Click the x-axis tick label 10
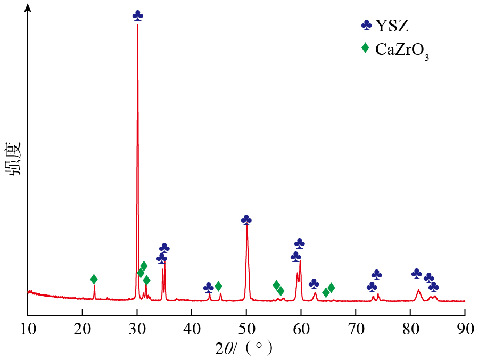coord(27,329)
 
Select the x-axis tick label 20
coord(83,329)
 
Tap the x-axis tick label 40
coord(192,329)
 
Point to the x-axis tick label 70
coord(356,329)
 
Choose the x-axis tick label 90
coord(465,329)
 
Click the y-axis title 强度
coord(13,159)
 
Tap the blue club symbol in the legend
coord(366,24)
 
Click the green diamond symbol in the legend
coord(365,48)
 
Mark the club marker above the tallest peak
coord(138,15)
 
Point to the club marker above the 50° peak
coord(246,219)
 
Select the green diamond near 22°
coord(94,279)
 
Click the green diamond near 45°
coord(218,287)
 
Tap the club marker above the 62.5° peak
coord(314,283)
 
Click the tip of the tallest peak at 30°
coord(137,25)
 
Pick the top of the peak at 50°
coord(246,226)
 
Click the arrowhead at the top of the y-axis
coord(28,8)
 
